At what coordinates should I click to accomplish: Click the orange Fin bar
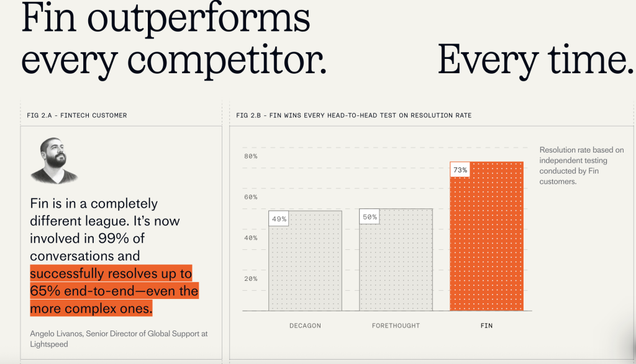tap(486, 236)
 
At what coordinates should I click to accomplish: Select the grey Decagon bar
tap(305, 260)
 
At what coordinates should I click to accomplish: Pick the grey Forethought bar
tap(396, 260)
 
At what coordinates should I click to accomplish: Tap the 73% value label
tap(460, 170)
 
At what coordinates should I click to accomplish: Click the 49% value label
tap(279, 219)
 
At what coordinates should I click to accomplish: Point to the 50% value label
tap(370, 216)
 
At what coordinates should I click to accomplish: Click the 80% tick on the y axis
tap(251, 156)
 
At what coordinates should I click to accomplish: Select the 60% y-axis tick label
tap(251, 197)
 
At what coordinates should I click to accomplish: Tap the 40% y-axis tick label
tap(251, 238)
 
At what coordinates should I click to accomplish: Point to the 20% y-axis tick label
tap(251, 279)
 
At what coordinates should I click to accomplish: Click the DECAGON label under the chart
tap(305, 326)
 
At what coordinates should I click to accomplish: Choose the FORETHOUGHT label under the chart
tap(396, 326)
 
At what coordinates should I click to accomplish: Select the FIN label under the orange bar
tap(486, 326)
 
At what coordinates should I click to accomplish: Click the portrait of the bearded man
tap(53, 161)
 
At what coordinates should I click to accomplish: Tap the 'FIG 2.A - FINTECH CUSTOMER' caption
tap(76, 115)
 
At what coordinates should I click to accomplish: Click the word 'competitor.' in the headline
tap(227, 61)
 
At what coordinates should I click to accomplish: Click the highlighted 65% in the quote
tap(45, 291)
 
